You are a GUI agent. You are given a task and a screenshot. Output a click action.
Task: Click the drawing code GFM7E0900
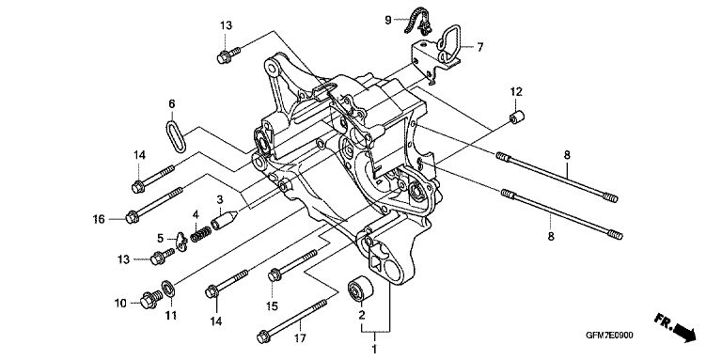[609, 336]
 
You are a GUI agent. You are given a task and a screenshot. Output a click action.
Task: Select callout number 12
[516, 91]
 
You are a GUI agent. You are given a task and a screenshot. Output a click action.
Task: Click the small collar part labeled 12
[518, 117]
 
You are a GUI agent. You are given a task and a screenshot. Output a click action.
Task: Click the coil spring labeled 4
[201, 233]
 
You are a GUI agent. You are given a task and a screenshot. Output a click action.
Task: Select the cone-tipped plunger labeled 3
[225, 219]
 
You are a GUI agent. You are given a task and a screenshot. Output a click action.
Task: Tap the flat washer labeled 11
[168, 289]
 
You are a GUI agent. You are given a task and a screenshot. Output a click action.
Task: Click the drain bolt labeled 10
[150, 300]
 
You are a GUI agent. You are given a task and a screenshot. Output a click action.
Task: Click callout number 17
[300, 338]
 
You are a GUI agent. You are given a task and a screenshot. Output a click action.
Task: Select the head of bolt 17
[263, 337]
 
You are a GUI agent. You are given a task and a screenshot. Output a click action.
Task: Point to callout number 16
[100, 219]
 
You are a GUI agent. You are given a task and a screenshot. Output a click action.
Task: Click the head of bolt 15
[275, 275]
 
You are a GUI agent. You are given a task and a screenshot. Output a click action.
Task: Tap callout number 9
[388, 20]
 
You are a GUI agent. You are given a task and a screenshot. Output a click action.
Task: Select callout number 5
[161, 239]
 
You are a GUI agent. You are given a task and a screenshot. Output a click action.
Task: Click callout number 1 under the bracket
[374, 349]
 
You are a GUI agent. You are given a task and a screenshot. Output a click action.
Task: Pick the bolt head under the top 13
[224, 57]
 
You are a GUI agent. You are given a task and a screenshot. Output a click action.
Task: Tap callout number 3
[220, 200]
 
